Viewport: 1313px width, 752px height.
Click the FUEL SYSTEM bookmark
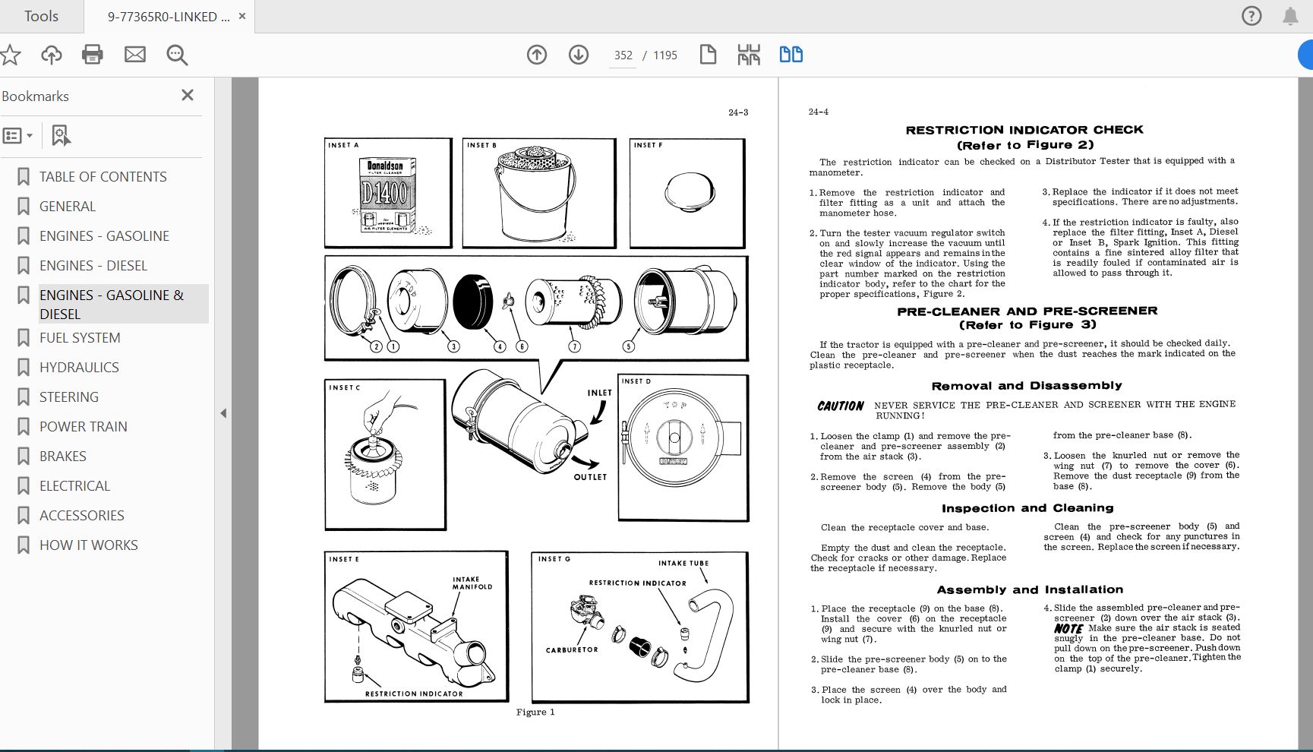80,337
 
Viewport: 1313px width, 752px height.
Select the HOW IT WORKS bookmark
88,545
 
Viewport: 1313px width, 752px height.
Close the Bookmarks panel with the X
188,95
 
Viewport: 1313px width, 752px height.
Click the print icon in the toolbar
93,55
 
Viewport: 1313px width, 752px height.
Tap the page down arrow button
579,55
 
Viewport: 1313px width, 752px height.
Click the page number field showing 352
623,55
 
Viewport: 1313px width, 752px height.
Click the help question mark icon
1251,16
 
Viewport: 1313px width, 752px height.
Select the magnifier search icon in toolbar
177,55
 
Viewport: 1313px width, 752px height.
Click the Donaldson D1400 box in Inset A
387,194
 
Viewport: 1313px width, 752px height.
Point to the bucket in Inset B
535,199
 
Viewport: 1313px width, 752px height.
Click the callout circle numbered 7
574,346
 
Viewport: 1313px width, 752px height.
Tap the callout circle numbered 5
628,346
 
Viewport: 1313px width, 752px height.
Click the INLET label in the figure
599,393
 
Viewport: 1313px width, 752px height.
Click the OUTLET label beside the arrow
590,477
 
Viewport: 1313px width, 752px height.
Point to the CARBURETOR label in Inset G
572,650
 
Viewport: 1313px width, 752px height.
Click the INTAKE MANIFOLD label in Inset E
472,583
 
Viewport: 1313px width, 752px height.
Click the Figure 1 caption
535,712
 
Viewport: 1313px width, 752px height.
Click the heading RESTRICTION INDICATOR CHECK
1024,130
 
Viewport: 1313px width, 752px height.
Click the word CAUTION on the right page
840,406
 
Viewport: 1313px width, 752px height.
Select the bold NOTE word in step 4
1068,629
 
